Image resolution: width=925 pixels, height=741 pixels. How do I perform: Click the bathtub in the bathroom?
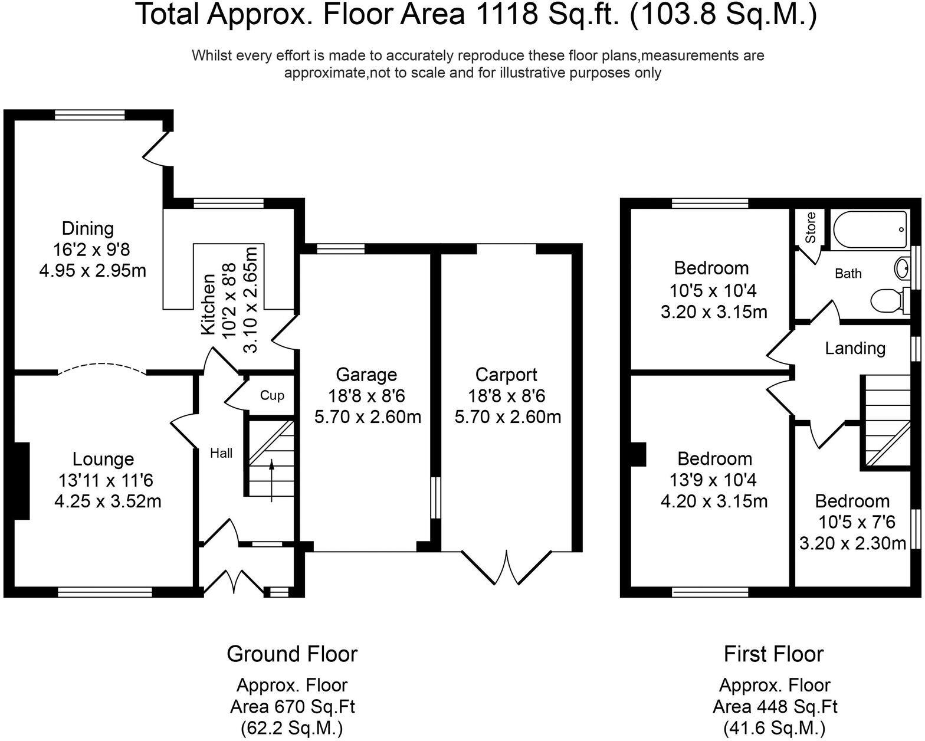870,230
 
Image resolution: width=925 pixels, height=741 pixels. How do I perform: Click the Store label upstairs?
810,227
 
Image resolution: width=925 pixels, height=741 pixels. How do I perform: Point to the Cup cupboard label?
272,395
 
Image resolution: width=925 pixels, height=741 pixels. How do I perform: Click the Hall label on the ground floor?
221,453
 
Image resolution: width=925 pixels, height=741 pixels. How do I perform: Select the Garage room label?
366,375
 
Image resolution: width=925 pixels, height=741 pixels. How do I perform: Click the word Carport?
506,375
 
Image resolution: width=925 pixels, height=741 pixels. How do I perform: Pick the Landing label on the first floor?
855,348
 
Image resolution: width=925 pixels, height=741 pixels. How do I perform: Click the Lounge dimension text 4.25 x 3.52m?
108,501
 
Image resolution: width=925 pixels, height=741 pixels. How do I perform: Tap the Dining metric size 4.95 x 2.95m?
93,271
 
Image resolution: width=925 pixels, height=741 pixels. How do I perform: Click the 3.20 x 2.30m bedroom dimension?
852,543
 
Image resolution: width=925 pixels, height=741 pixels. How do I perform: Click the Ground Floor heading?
292,654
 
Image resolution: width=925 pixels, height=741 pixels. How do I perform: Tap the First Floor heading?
774,654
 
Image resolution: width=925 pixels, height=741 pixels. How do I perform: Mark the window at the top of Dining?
90,115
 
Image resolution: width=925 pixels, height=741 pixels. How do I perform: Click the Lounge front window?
105,592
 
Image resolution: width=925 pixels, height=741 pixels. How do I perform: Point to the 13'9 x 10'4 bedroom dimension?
714,480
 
